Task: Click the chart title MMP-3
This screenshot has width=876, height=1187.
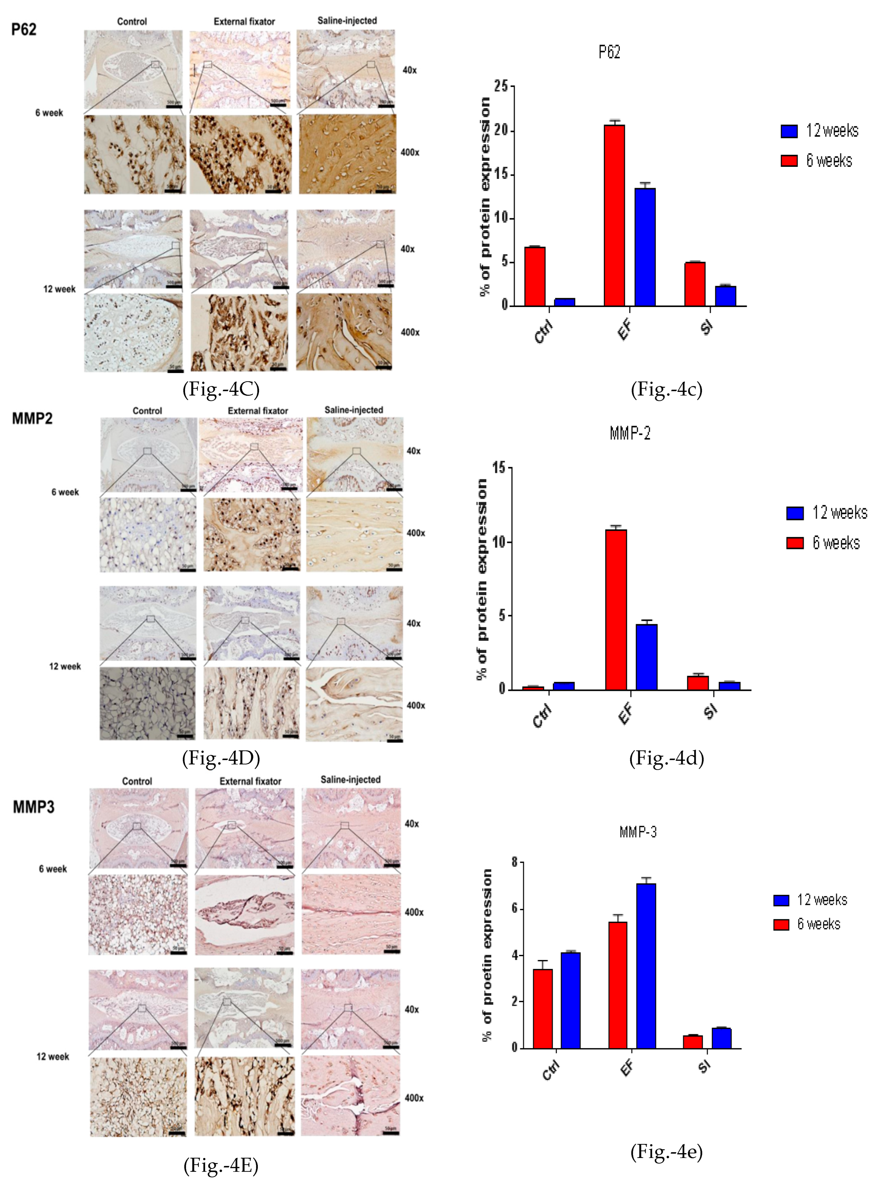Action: [x=638, y=832]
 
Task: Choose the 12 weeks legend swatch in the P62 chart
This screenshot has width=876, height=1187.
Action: [x=789, y=131]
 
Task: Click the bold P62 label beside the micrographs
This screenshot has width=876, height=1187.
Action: [x=24, y=29]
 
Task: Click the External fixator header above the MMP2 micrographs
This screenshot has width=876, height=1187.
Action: [x=258, y=411]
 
